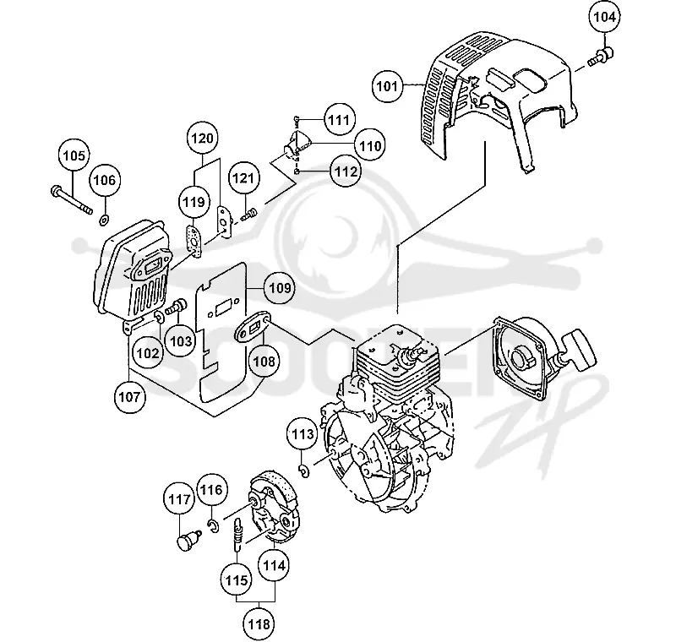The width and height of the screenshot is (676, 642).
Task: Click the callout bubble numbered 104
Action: click(604, 17)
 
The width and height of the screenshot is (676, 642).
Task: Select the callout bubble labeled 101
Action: click(387, 86)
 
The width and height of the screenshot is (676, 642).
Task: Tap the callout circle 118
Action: click(259, 623)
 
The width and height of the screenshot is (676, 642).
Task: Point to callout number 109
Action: click(280, 287)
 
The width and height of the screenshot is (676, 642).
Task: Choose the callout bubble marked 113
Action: click(303, 433)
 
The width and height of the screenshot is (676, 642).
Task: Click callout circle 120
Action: click(203, 139)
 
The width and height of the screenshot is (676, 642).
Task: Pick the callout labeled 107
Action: click(130, 397)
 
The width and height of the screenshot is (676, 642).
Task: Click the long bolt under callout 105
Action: click(72, 200)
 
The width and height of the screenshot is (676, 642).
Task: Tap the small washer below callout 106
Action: click(104, 220)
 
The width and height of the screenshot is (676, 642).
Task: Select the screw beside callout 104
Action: click(601, 57)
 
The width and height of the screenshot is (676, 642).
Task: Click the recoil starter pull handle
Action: click(579, 351)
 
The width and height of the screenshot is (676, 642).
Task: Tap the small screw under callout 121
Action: click(249, 215)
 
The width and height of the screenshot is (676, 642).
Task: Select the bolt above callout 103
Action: click(177, 307)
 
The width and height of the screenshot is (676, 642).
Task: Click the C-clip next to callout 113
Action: click(304, 471)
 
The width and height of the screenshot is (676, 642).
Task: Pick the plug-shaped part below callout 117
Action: click(189, 540)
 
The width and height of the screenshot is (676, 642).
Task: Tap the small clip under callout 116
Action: click(213, 526)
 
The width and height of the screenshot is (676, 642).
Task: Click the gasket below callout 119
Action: click(194, 243)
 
